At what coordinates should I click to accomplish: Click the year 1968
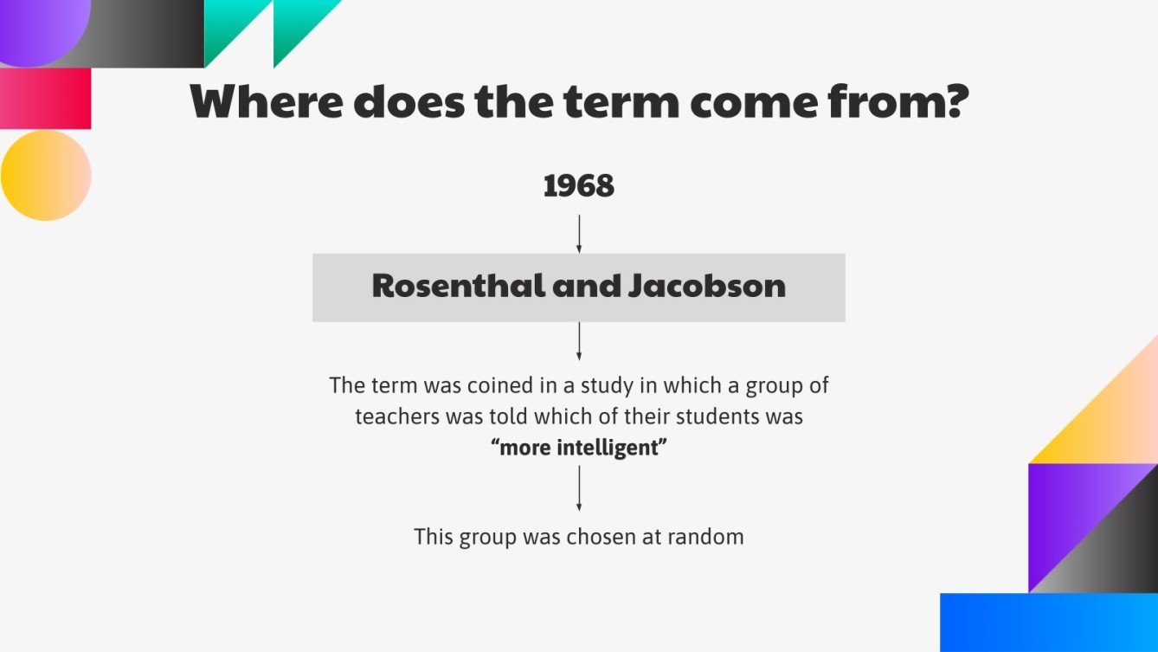click(578, 186)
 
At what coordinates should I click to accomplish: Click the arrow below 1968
click(579, 233)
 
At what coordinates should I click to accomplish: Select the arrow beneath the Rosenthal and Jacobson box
click(579, 341)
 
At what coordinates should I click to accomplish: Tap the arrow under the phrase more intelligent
click(579, 488)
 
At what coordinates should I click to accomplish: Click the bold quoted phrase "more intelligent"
click(579, 449)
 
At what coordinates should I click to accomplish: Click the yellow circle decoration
click(46, 175)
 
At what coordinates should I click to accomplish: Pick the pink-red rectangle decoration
click(45, 99)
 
